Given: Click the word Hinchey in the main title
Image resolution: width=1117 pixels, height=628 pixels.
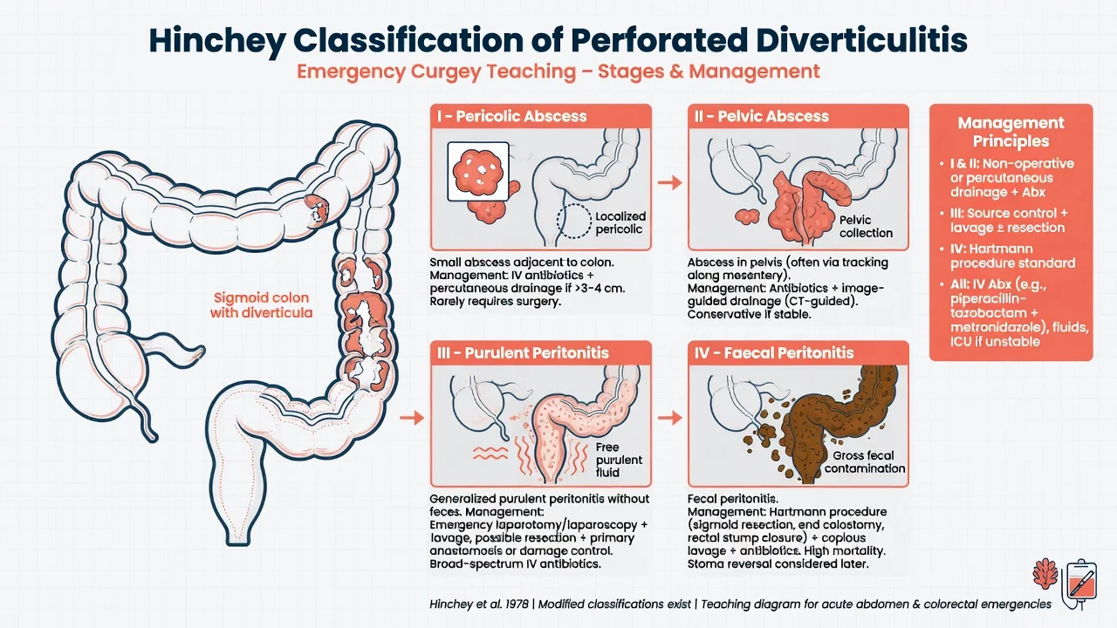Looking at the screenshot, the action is point(217,41).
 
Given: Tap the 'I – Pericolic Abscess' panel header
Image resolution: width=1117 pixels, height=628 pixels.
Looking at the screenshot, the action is point(511,116).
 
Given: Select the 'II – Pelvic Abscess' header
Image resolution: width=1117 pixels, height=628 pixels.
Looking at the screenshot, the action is point(762,116).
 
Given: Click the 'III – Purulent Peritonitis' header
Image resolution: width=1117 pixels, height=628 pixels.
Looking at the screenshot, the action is point(523,353).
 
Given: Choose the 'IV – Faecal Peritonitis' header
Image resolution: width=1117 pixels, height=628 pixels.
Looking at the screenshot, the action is point(774,353).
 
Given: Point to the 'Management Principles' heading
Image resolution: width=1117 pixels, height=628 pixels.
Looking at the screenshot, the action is point(1011,132).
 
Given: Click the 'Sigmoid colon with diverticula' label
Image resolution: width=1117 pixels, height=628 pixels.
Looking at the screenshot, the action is point(261,305).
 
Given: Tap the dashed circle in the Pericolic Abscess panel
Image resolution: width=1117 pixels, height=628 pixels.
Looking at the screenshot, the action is point(574,221).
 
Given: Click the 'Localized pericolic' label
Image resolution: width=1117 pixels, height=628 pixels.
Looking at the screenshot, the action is point(620,222).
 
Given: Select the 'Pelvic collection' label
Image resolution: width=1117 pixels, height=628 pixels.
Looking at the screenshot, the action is point(866,226).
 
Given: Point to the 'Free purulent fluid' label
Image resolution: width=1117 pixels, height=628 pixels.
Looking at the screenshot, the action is point(619,460).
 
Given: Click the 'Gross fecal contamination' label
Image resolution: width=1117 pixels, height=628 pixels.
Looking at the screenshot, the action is point(864,462).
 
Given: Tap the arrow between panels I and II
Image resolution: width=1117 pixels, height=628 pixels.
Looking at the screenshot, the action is point(669,182).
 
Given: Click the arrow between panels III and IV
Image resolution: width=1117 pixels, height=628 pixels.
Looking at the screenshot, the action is point(669,417).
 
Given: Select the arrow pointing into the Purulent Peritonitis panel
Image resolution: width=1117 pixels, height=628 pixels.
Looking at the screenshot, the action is point(412,417).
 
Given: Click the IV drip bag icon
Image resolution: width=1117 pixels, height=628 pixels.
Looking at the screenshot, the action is point(1079,584).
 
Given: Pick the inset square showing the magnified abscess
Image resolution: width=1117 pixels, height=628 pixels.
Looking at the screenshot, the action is point(478,172).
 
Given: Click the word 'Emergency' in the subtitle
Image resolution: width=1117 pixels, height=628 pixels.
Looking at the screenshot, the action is point(351,72).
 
